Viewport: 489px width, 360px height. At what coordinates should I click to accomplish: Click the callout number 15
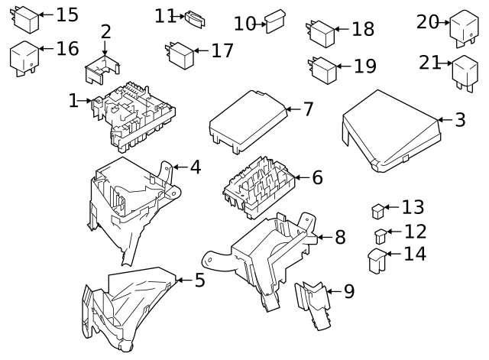(x=67, y=15)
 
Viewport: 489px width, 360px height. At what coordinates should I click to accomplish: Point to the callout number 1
(x=73, y=100)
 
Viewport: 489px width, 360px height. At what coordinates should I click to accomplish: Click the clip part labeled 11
(x=196, y=18)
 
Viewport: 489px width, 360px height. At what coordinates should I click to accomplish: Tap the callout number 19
(x=365, y=66)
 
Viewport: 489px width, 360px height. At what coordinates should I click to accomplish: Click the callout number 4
(x=196, y=166)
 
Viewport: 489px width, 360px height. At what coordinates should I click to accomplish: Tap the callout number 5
(x=199, y=281)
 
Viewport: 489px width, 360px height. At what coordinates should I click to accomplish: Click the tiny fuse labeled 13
(x=378, y=209)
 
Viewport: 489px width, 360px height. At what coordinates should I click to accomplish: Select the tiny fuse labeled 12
(x=380, y=235)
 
